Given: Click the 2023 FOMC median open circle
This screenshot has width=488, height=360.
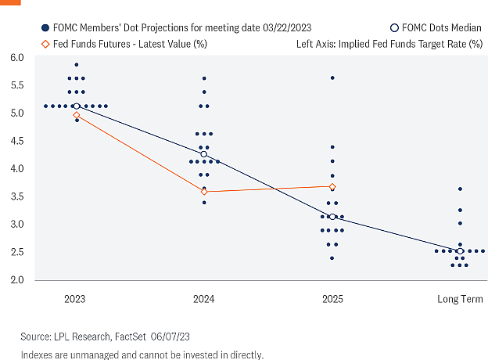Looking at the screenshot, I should pyautogui.click(x=77, y=106).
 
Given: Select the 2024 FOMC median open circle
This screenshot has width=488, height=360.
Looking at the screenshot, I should pyautogui.click(x=204, y=154).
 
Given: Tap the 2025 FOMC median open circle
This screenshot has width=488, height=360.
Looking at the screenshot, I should pyautogui.click(x=332, y=217).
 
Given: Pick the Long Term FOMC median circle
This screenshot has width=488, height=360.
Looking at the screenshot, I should pyautogui.click(x=461, y=251).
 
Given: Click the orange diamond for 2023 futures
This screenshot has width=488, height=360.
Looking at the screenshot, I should pyautogui.click(x=77, y=115).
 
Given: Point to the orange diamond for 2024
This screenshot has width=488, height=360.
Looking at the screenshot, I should pyautogui.click(x=204, y=192).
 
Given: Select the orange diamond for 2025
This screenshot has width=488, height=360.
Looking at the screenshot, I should pyautogui.click(x=332, y=186).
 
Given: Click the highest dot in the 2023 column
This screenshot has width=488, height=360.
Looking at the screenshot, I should pyautogui.click(x=77, y=64).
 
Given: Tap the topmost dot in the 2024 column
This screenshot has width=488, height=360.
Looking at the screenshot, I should pyautogui.click(x=204, y=78).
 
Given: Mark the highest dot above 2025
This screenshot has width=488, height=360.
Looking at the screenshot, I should pyautogui.click(x=332, y=78).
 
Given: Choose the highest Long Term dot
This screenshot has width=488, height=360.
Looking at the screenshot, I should pyautogui.click(x=461, y=189).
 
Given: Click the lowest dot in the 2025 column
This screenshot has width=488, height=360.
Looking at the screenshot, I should pyautogui.click(x=332, y=258).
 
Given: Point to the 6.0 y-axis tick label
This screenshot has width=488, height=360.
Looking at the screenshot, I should pyautogui.click(x=17, y=58).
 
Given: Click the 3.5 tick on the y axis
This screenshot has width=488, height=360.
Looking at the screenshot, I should pyautogui.click(x=17, y=196).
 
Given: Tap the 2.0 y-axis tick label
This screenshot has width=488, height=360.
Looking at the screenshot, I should pyautogui.click(x=17, y=280).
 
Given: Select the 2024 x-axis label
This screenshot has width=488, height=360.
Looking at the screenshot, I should pyautogui.click(x=204, y=299).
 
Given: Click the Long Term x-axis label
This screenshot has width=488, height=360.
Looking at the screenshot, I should pyautogui.click(x=461, y=299).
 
